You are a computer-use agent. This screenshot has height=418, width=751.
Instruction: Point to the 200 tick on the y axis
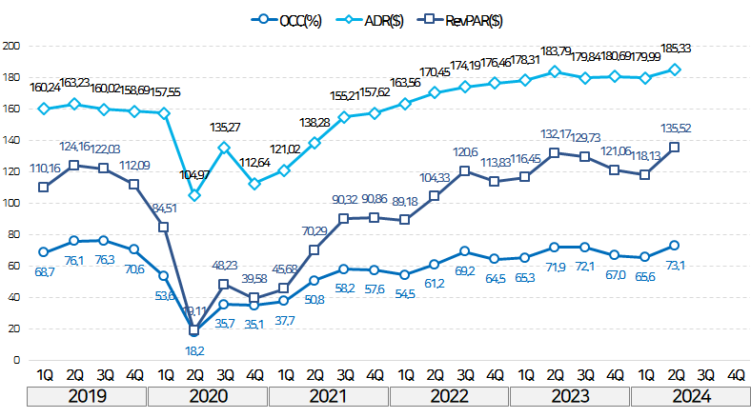coord(13,46)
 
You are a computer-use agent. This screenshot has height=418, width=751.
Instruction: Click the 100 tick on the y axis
coord(13,203)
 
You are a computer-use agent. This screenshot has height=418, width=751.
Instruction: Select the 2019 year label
coord(87,396)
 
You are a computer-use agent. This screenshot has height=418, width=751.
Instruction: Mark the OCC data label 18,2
coord(194,351)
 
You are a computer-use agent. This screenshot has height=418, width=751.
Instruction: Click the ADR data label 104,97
coord(194,174)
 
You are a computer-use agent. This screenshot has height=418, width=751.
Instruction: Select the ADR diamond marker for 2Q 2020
coord(194,195)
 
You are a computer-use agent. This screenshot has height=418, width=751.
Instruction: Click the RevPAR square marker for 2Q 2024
coord(674,147)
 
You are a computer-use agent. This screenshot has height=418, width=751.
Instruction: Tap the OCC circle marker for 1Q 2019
coord(44,252)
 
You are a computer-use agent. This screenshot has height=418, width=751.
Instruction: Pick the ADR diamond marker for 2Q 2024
coord(674,69)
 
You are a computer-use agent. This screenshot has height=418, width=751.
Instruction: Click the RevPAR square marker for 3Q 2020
coord(224,285)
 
